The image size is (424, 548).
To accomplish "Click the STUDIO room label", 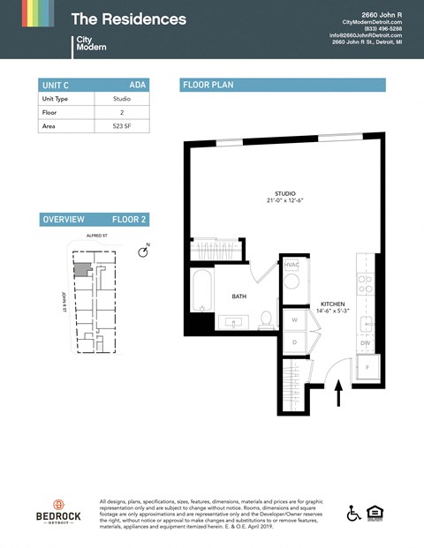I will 284,194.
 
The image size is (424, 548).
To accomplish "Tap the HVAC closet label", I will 291,265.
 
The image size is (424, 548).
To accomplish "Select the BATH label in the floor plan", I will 238,297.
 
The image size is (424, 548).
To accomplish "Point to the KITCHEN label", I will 332,303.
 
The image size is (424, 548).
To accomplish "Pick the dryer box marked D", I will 293,342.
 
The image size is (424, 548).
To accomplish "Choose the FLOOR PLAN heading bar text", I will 208,85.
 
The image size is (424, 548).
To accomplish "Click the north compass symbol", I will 143,252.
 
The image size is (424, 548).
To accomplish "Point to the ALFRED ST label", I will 97,236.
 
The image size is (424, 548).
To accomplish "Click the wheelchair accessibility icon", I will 353,513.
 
